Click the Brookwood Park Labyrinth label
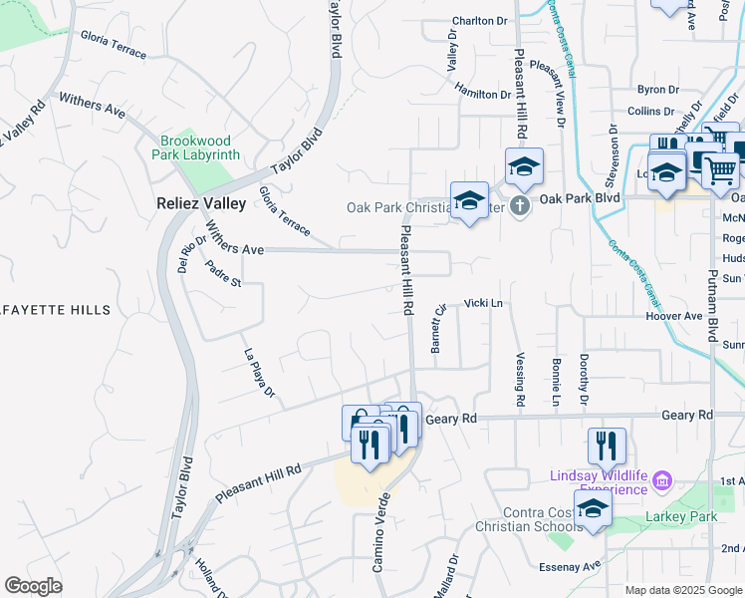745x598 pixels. coord(196,149)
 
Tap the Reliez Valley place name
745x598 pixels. coord(200,203)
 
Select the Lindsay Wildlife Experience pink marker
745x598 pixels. coord(660,484)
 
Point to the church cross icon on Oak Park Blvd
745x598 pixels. coord(519,206)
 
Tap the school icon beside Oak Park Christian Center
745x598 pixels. coord(469,200)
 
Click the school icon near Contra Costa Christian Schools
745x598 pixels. coord(593,509)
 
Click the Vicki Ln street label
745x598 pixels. coord(482,302)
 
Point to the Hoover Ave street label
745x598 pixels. coord(674,316)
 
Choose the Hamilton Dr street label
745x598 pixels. coord(482,94)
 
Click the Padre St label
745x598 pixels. coord(223,274)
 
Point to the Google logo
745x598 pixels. coord(34,586)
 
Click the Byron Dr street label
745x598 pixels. coord(657,90)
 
